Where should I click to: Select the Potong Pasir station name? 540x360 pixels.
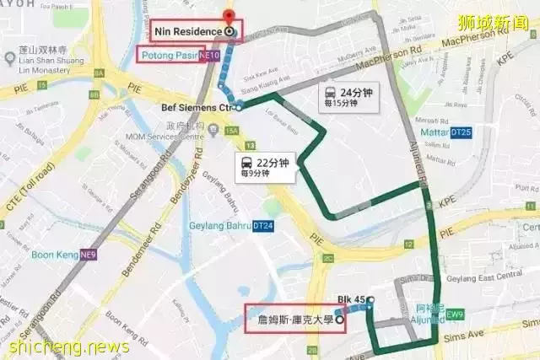tap(168, 56)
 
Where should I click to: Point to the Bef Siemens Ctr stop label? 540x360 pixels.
tap(196, 107)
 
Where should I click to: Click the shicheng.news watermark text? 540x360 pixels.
tap(67, 347)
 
